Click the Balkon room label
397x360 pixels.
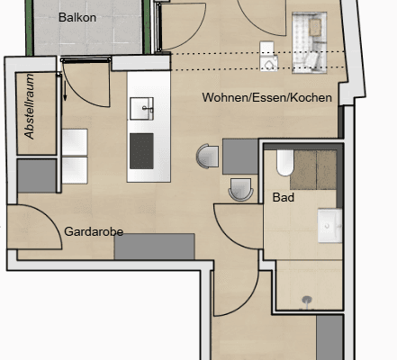tap(77, 17)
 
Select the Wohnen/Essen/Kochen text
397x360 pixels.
tap(267, 97)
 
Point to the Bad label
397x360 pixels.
tap(283, 194)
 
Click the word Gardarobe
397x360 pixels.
tap(94, 231)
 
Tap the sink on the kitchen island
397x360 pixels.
tap(142, 109)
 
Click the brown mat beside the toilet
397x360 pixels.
tap(316, 166)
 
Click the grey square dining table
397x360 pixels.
tap(240, 157)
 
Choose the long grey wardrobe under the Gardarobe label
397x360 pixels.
tap(155, 247)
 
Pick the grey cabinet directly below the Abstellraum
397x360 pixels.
tap(37, 175)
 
